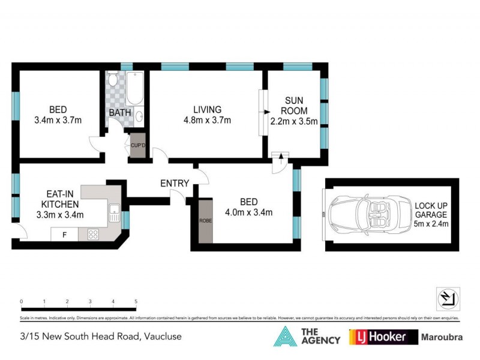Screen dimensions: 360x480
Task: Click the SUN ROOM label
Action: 295,106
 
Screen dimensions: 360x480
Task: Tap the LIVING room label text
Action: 207,110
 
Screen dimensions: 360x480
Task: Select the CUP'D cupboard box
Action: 137,146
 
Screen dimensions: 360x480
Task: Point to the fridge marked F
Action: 64,235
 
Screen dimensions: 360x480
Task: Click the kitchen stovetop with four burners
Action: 94,235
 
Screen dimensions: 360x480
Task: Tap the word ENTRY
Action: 175,184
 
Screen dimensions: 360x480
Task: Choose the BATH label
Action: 119,113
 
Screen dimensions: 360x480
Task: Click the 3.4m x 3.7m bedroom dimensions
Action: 58,121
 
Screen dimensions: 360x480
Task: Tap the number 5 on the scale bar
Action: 136,302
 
